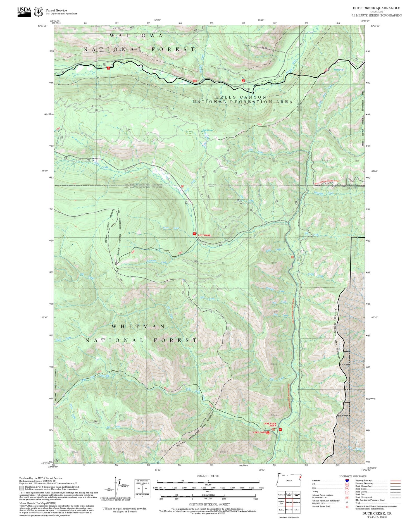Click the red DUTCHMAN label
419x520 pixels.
click(x=204, y=235)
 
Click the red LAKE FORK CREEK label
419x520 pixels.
click(x=270, y=424)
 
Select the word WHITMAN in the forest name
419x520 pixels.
click(x=138, y=326)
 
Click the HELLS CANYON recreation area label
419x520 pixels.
click(x=241, y=97)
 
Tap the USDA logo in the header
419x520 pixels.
click(x=24, y=11)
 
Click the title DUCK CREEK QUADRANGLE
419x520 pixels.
click(x=376, y=8)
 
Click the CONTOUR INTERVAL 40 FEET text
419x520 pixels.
click(x=209, y=504)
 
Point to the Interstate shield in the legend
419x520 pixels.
click(x=347, y=481)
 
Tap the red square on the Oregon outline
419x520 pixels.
click(x=300, y=477)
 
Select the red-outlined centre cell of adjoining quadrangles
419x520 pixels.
click(x=289, y=502)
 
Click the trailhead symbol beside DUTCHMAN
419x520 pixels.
click(x=194, y=234)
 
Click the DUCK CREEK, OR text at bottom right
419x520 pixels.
click(x=377, y=513)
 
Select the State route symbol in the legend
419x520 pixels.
click(x=347, y=488)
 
